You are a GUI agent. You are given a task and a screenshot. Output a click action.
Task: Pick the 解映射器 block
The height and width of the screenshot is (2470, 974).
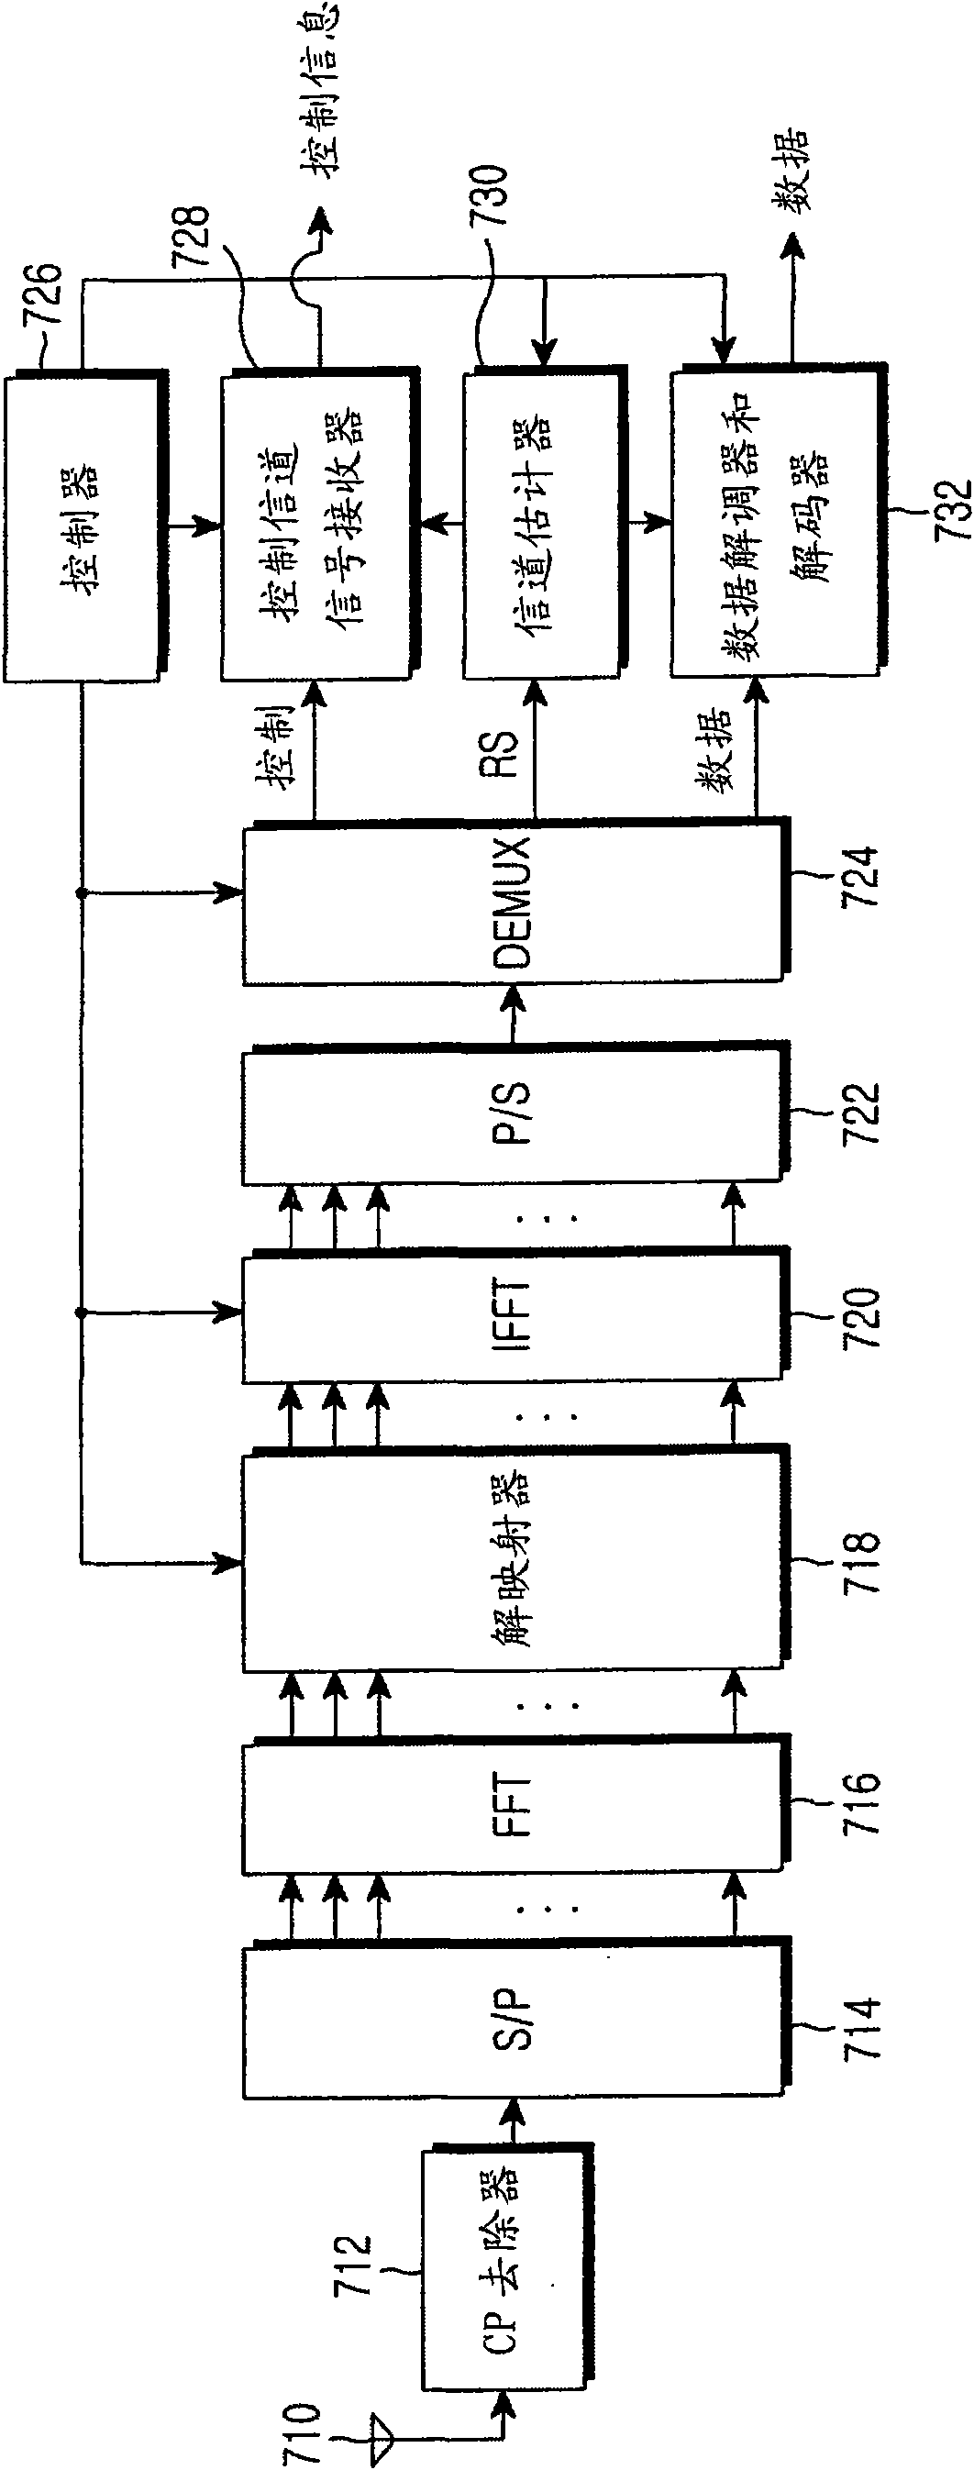[516, 1562]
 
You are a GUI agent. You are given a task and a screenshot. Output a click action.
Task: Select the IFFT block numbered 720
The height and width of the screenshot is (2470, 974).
[516, 1314]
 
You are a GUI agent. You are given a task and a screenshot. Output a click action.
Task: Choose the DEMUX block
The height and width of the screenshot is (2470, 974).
[516, 901]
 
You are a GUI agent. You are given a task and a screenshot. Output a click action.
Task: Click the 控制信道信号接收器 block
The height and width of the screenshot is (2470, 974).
[320, 524]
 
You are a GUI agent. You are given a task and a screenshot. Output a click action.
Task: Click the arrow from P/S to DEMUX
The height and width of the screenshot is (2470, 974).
[514, 1014]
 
